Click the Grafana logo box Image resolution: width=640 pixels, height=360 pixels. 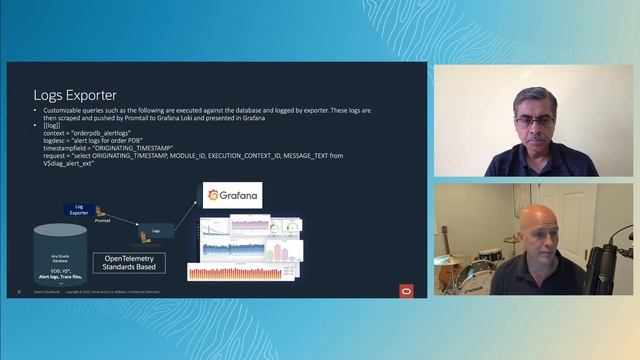[232, 195]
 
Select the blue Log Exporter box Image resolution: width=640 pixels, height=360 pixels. [79, 209]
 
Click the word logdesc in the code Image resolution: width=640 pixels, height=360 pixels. [57, 142]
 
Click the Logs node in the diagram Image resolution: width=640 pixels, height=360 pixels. [156, 230]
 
